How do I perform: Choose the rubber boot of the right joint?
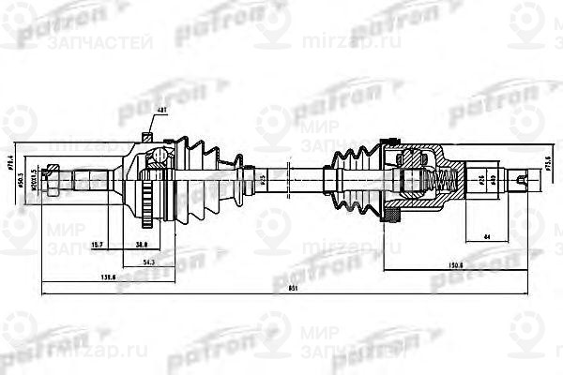pos(346,175)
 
